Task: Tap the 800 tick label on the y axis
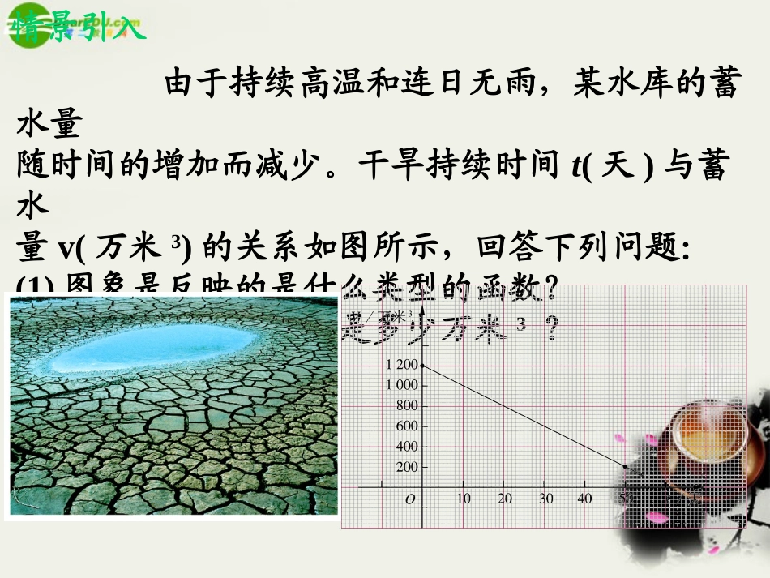[408, 405]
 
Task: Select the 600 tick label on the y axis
[408, 426]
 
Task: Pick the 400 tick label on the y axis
[408, 447]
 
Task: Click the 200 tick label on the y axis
[408, 468]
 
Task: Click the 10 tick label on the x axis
[464, 499]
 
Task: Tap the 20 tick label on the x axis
[505, 499]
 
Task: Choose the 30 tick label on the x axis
[546, 499]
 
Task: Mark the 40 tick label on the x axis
[584, 499]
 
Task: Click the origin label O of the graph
[410, 499]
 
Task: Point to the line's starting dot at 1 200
[422, 366]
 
